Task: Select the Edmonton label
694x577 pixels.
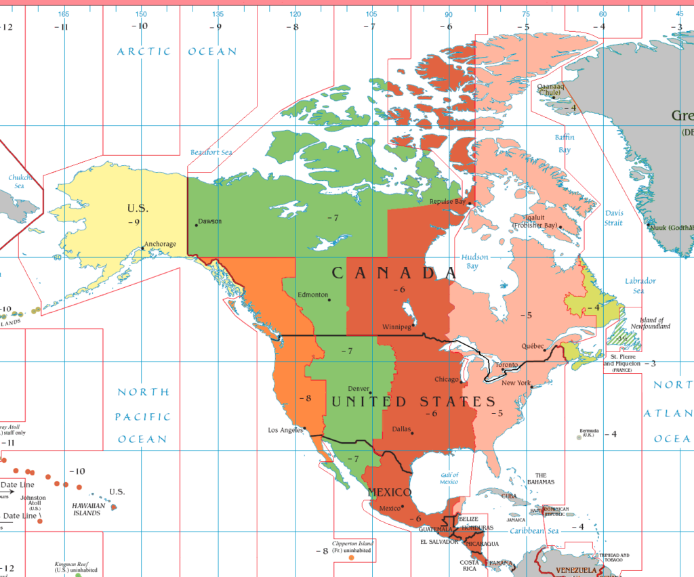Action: (x=313, y=295)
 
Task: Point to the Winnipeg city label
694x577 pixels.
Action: (x=396, y=326)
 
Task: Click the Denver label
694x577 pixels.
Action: (x=359, y=389)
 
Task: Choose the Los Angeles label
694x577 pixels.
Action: (x=285, y=430)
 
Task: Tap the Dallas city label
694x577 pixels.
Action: (x=401, y=429)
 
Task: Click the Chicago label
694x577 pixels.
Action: (x=447, y=379)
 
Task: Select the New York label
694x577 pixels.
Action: (x=516, y=383)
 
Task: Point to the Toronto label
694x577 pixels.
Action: (x=506, y=365)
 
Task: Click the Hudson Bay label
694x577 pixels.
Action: (x=474, y=261)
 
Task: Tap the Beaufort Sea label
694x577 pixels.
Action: (x=211, y=152)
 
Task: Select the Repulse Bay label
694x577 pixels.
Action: (x=447, y=201)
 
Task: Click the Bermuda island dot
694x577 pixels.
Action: (x=579, y=437)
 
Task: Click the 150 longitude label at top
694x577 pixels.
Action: (x=140, y=14)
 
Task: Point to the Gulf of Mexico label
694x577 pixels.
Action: (x=449, y=478)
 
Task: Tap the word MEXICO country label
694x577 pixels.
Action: (x=389, y=492)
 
